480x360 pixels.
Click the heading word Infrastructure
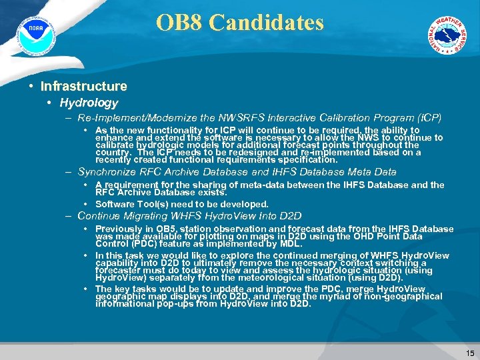pos(83,86)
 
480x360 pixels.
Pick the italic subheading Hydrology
pos(89,103)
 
